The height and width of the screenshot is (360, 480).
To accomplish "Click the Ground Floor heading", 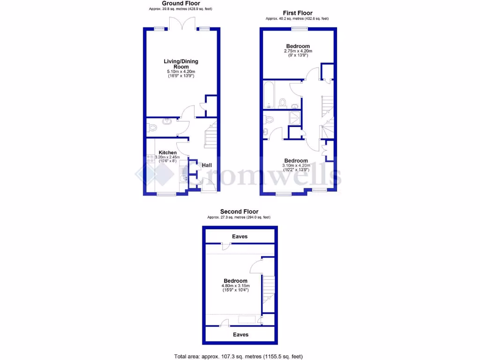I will click(x=181, y=3).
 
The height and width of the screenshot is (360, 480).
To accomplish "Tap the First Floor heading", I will click(x=297, y=13).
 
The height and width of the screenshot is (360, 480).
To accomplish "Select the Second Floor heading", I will click(x=239, y=211).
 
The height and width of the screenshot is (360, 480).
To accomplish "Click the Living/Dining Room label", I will click(x=181, y=64).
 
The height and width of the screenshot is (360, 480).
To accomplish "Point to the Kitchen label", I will click(x=167, y=153).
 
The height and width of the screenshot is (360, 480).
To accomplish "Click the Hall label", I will click(x=207, y=165).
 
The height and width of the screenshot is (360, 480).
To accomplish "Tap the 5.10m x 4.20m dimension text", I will click(x=181, y=71).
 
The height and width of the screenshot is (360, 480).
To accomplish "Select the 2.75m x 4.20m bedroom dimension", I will click(x=298, y=51).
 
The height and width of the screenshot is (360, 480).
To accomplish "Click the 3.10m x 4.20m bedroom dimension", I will click(x=296, y=165).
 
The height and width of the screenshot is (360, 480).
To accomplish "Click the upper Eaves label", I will click(x=240, y=237).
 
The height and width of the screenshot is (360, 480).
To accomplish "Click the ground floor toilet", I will click(x=151, y=127).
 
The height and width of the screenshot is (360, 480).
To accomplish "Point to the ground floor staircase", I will click(x=210, y=137).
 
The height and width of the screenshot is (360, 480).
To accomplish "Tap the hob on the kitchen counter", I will click(x=150, y=158).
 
